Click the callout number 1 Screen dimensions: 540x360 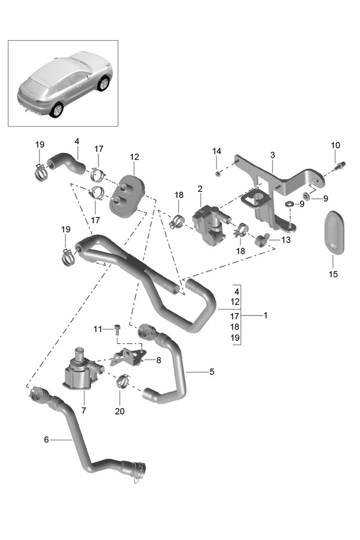click(x=265, y=314)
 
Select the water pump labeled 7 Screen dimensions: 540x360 click(x=78, y=368)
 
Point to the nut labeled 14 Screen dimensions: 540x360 click(x=219, y=173)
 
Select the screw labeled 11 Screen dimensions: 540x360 click(x=117, y=328)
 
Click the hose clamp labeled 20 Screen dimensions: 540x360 click(x=122, y=380)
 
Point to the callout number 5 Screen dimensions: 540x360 click(x=212, y=372)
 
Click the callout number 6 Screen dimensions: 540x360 click(x=46, y=439)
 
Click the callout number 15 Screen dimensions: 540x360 click(x=333, y=275)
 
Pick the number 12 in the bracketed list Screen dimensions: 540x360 click(x=235, y=301)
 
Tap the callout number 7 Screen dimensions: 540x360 click(x=83, y=411)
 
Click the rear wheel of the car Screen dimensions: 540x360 click(x=57, y=110)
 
